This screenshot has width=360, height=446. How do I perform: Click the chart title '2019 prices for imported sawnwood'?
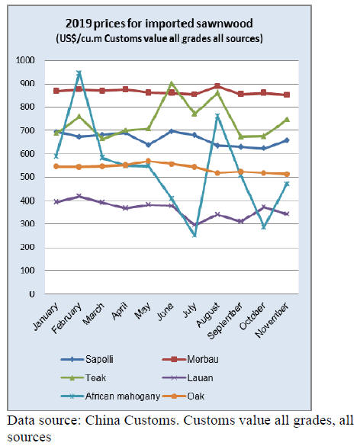click(x=159, y=24)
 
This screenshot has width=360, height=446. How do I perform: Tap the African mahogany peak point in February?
click(x=79, y=73)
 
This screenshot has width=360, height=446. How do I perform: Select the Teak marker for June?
click(x=172, y=84)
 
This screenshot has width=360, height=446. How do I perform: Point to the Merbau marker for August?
click(x=217, y=86)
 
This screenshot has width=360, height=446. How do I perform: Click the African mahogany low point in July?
click(x=194, y=235)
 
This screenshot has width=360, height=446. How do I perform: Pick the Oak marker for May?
click(x=148, y=162)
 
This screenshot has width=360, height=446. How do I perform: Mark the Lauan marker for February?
click(x=79, y=196)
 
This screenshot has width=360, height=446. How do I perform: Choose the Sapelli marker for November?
click(x=287, y=140)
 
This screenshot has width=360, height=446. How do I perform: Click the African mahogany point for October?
click(x=264, y=227)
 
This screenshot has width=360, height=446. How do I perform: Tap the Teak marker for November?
click(x=287, y=119)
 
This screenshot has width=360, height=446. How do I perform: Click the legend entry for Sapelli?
click(x=87, y=359)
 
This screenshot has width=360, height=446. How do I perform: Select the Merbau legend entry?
click(x=190, y=359)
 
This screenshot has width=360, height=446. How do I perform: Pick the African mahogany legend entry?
click(x=111, y=396)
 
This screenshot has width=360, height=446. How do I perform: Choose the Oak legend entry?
click(x=183, y=396)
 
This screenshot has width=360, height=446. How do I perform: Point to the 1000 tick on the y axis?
click(x=25, y=60)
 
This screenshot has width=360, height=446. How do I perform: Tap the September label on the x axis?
click(x=225, y=320)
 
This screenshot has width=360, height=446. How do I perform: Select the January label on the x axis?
click(x=46, y=316)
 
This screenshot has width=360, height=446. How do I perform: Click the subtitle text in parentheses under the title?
click(x=159, y=38)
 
